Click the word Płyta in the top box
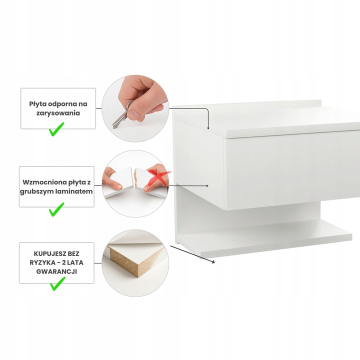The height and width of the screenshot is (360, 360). point(36,104)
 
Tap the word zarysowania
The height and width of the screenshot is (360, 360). point(58,113)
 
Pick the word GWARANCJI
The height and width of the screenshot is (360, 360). point(56,271)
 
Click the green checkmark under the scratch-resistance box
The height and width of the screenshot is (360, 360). point(56,129)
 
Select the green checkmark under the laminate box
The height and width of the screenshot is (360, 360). point(56,209)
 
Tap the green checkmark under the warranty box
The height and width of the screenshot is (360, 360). point(57,284)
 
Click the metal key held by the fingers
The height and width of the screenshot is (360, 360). point(122,115)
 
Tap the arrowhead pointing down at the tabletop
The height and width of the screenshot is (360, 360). point(208,128)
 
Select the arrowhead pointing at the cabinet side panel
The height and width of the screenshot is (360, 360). point(207,185)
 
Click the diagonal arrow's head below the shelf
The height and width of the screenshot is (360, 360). point(213,261)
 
